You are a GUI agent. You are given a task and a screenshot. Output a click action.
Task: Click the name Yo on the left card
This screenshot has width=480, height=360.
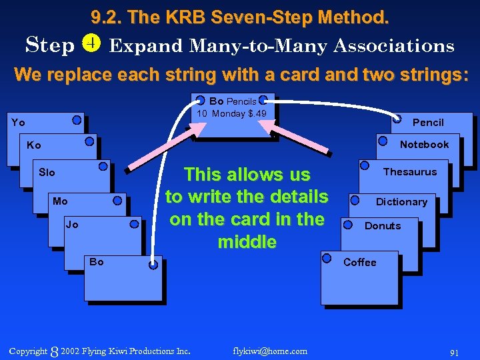click(18, 123)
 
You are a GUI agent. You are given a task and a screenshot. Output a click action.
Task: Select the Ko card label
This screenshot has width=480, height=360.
click(33, 145)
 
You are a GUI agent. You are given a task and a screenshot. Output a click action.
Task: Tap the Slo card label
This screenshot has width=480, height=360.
click(47, 173)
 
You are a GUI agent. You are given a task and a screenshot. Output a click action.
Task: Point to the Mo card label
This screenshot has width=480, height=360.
click(60, 201)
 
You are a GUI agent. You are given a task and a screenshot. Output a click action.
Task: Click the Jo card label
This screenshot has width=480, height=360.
click(72, 225)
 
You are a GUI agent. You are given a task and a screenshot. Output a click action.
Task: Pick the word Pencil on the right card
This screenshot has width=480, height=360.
click(428, 123)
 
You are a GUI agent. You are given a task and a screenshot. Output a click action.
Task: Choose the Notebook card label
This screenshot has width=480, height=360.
click(424, 145)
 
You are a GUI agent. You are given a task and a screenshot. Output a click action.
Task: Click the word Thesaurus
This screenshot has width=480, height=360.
click(410, 172)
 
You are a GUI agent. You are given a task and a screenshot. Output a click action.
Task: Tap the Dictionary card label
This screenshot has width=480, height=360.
click(401, 202)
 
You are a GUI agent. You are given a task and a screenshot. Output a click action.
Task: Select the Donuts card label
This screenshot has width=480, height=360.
click(383, 226)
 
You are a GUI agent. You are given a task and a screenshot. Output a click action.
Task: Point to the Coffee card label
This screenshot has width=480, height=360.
click(360, 263)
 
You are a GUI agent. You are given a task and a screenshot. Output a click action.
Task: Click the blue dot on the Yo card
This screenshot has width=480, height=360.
click(77, 121)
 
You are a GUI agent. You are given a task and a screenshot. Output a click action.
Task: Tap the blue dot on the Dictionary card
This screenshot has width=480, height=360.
click(355, 200)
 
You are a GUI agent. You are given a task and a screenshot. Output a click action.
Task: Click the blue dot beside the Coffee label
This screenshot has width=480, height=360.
click(327, 258)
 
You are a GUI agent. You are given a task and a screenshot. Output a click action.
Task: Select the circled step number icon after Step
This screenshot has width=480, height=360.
click(91, 44)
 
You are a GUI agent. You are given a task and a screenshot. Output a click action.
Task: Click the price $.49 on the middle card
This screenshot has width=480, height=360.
click(257, 114)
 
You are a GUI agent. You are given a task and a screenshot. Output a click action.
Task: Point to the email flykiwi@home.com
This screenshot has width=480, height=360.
click(270, 351)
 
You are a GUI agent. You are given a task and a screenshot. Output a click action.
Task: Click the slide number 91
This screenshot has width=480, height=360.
click(455, 351)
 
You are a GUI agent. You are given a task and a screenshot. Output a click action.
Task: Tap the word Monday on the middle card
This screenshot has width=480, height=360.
click(229, 114)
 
